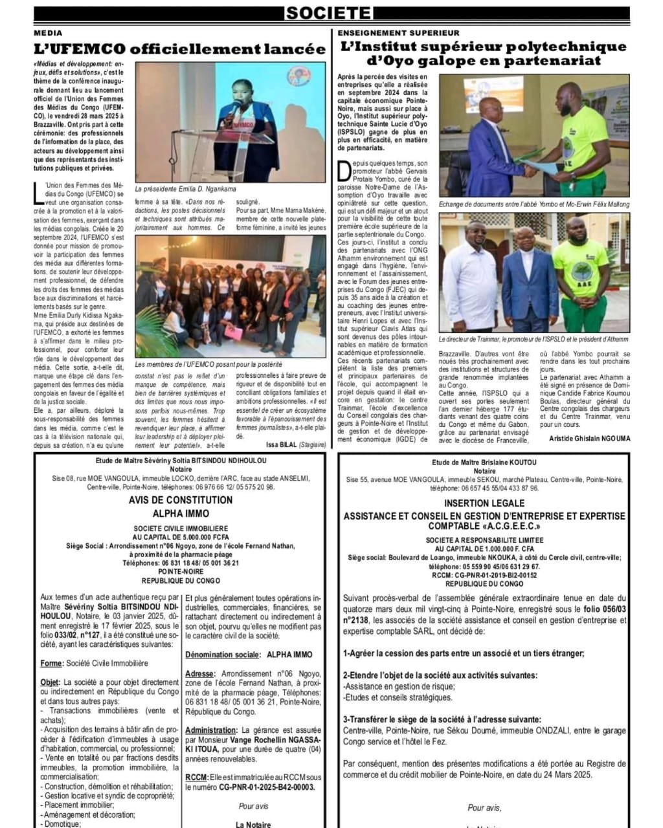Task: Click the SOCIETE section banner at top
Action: [x=328, y=13]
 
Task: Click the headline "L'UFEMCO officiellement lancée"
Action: [x=179, y=49]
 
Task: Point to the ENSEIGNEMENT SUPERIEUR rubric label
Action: [x=398, y=32]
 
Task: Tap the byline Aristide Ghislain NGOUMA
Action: [x=589, y=438]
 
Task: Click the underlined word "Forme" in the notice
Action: [x=51, y=663]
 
